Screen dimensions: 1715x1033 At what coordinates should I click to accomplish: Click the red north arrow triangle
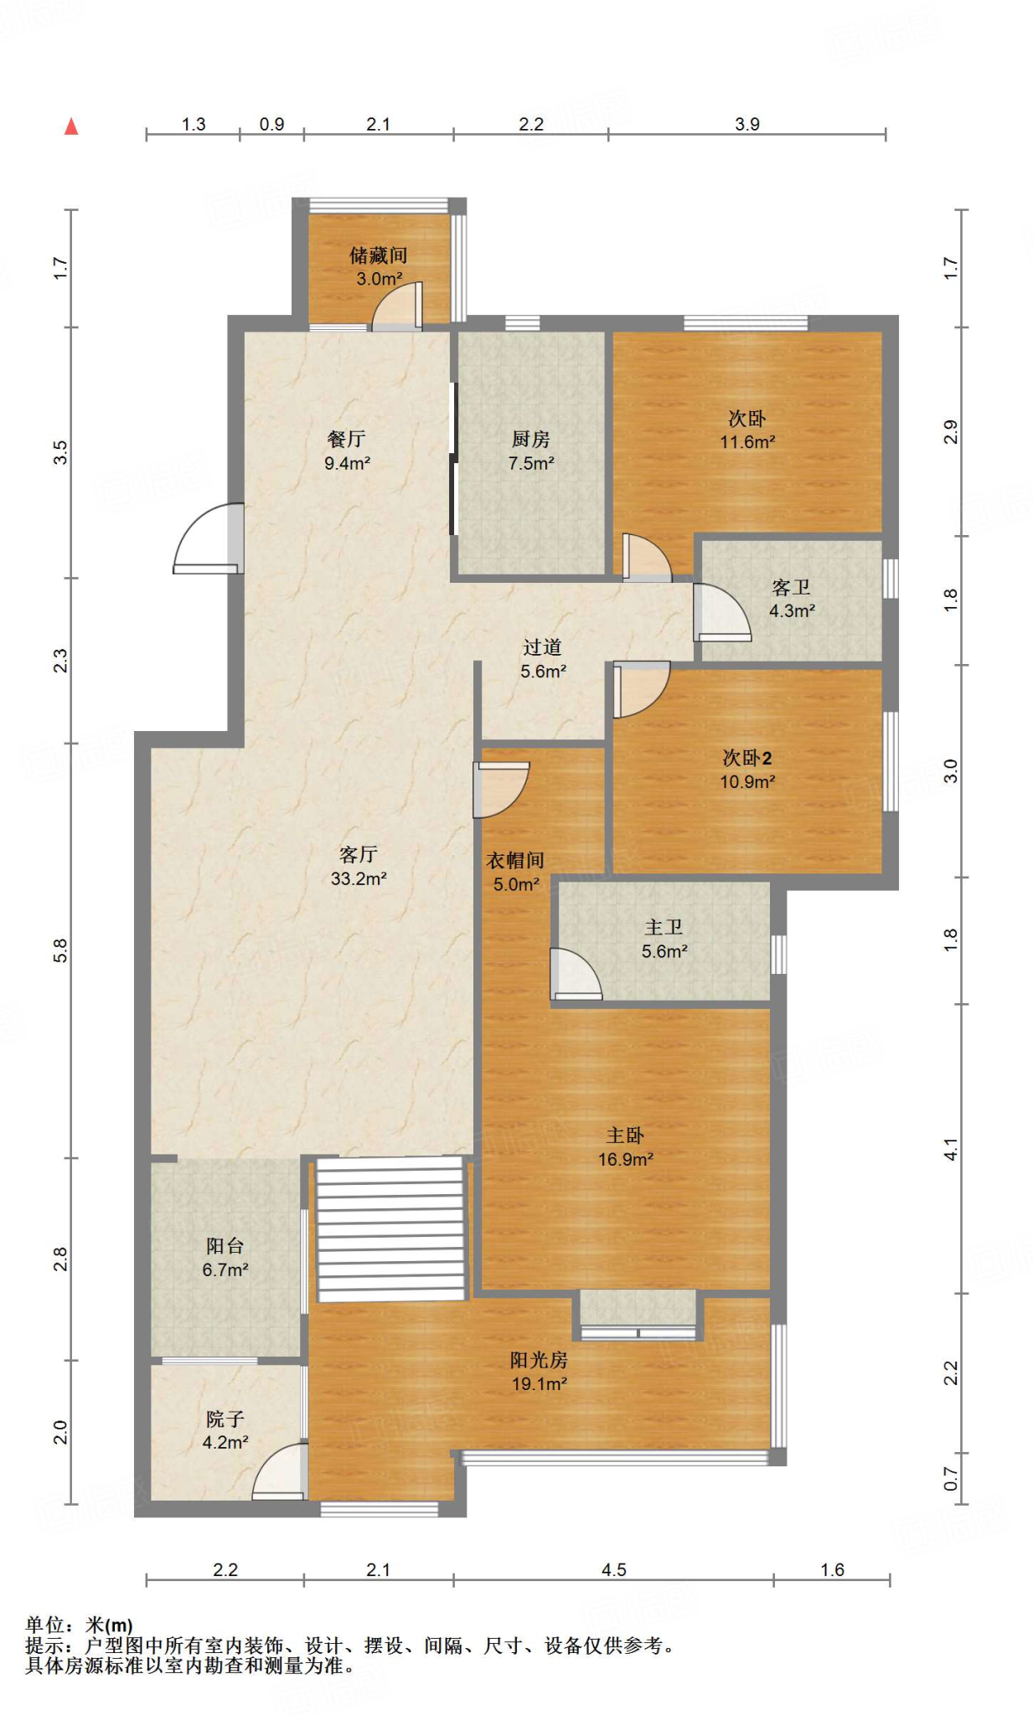click(71, 126)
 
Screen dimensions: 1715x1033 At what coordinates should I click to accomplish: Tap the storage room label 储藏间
click(379, 255)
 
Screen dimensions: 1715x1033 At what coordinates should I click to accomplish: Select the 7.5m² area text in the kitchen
click(531, 463)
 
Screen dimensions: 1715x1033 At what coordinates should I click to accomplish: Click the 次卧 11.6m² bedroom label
click(746, 430)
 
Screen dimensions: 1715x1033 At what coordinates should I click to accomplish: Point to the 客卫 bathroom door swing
click(721, 613)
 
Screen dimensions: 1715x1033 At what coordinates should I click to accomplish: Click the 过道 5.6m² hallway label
click(543, 659)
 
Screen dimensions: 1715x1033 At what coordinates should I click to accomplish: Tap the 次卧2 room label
click(746, 758)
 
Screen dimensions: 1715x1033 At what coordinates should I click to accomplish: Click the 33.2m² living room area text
click(359, 878)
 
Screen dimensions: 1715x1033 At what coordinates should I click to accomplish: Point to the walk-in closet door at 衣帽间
click(500, 789)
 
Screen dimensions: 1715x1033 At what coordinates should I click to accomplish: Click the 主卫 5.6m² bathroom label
click(664, 939)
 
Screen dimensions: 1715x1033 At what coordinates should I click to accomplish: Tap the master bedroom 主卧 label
click(625, 1136)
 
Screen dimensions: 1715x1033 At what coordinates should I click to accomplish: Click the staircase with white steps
click(390, 1228)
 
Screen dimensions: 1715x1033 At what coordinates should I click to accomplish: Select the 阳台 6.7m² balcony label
click(225, 1257)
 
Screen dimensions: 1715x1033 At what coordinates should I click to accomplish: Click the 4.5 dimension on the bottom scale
click(613, 1570)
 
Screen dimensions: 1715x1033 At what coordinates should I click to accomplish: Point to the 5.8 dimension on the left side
click(60, 950)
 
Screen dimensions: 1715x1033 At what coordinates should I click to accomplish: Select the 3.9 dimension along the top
click(746, 124)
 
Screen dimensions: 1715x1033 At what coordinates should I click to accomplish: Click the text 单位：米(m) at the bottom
click(79, 1625)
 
